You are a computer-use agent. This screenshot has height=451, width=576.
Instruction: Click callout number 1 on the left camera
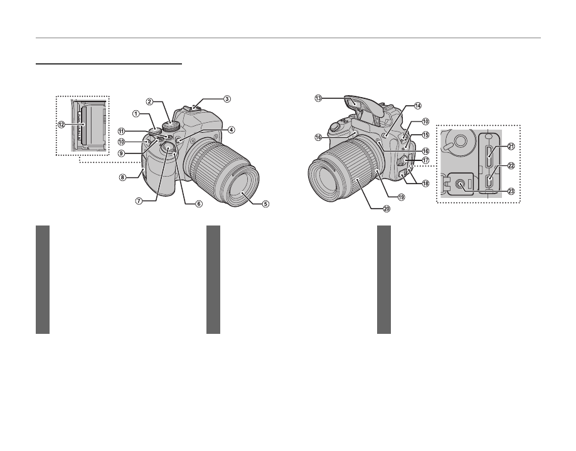(135, 114)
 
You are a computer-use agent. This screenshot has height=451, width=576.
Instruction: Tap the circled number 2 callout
(150, 101)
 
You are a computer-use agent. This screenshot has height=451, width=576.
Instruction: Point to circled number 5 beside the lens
(265, 204)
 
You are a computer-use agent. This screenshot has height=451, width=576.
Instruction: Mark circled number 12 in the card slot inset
(62, 125)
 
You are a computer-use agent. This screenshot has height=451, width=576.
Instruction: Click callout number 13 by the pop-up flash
(318, 98)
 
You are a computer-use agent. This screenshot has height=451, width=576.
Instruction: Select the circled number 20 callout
(380, 209)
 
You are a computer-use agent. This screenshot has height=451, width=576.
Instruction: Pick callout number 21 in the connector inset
(511, 147)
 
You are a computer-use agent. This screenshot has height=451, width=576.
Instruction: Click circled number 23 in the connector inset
(511, 192)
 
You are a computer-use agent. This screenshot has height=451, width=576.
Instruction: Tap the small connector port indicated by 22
(490, 182)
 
